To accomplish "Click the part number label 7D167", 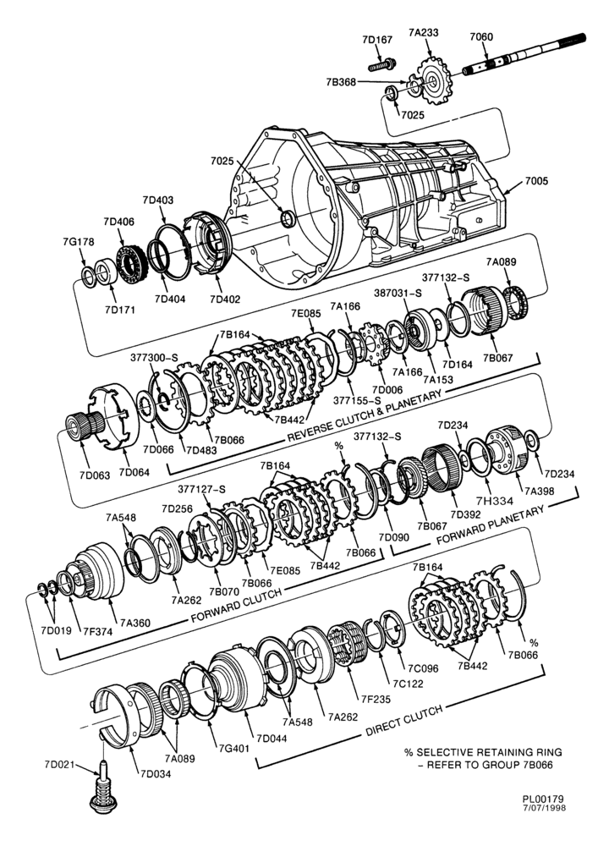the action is tap(377, 40).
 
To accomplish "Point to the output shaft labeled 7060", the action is tap(524, 54).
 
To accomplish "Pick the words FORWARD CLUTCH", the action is tap(236, 606).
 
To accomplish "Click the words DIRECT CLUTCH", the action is tap(404, 720).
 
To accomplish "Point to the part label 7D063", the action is tap(95, 475).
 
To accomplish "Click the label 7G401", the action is tap(234, 749).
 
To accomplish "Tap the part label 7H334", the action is tap(495, 501).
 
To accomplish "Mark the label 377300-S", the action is tap(154, 357).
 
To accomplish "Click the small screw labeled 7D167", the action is tap(382, 65).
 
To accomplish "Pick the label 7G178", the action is tap(78, 242).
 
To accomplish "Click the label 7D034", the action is tap(156, 774).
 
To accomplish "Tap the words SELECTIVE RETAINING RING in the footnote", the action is tap(489, 752).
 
